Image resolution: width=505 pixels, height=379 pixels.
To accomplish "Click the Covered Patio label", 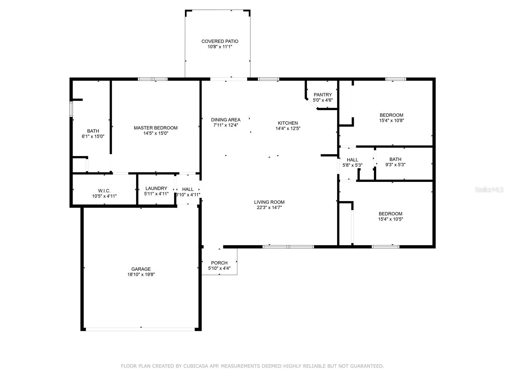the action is pos(220,41).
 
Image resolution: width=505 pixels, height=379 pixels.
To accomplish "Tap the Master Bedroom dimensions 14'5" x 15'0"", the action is pos(156,133).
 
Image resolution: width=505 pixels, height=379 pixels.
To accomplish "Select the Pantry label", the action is pos(323,95).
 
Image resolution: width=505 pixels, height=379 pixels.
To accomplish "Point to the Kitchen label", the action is pos(288,123).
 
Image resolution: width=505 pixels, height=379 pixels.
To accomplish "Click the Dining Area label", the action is pos(226,120).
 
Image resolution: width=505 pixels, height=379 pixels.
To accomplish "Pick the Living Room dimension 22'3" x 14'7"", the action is pos(269,208).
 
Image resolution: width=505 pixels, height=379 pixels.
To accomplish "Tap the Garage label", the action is pos(141,269).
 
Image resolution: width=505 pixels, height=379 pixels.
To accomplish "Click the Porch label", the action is pos(219,263).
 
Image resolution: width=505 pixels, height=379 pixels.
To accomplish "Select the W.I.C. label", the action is pos(104,191).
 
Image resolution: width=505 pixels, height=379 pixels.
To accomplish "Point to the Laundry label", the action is pos(156,189).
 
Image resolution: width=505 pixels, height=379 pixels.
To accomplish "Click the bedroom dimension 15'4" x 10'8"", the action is pos(391,120).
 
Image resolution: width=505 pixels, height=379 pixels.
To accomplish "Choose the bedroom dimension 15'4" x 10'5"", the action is pos(390,219).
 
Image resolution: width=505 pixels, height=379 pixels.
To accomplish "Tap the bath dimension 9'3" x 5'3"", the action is pos(395,165).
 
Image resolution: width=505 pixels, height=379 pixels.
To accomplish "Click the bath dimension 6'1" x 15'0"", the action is pos(93,136).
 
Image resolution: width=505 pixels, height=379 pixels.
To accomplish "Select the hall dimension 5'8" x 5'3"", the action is pos(352,165).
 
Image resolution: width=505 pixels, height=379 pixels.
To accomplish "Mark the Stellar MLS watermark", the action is pos(489,189).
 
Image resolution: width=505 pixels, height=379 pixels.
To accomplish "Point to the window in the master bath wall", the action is pos(71,109).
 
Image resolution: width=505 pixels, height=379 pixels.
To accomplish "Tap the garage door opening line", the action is pos(140,329).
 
